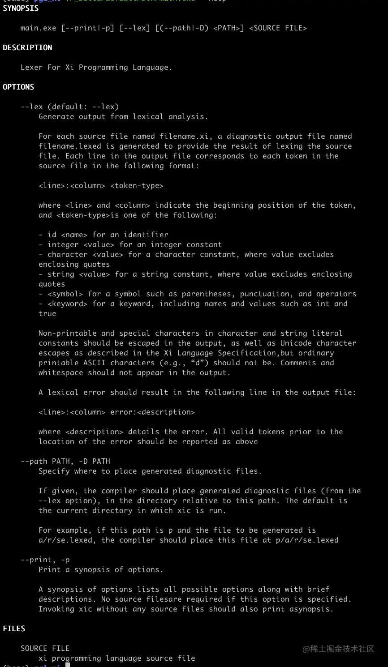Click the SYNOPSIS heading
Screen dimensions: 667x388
tap(21, 8)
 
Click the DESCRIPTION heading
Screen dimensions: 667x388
tap(27, 47)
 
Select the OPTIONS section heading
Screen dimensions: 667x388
tap(18, 87)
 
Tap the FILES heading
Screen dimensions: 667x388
tap(14, 629)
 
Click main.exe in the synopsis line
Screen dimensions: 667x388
tap(38, 28)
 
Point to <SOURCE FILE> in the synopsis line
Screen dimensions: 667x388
tap(278, 28)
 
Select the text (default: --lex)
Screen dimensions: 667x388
tap(83, 107)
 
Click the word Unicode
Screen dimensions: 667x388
tap(296, 343)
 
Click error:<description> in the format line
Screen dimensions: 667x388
tap(152, 412)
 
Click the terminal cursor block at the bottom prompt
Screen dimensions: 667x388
tap(68, 665)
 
